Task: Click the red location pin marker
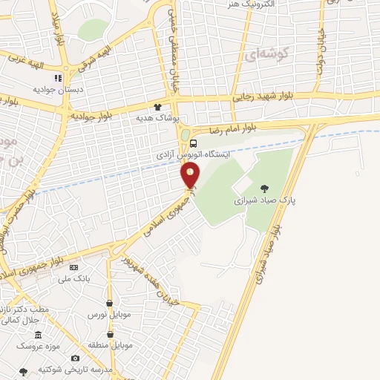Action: click(191, 175)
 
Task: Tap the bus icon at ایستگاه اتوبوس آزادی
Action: click(194, 143)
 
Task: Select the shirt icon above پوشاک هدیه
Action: click(157, 106)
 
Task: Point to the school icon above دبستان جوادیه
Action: click(57, 77)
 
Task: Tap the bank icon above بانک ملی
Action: click(73, 267)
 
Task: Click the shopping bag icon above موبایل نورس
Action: click(110, 303)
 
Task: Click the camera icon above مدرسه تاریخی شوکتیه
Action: click(75, 358)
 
